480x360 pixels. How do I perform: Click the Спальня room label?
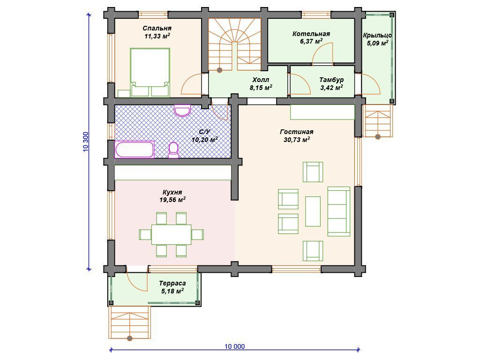click(157, 29)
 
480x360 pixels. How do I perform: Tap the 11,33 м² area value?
click(157, 36)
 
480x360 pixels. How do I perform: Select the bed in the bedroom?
click(150, 72)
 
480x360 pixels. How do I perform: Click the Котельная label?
click(311, 34)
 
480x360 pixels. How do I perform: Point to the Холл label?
click(261, 80)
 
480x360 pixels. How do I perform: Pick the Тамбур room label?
click(331, 80)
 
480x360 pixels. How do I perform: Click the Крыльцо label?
click(377, 36)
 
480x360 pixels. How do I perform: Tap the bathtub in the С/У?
click(134, 150)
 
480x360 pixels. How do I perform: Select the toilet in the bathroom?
click(173, 150)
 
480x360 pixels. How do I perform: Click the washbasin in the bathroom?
click(182, 111)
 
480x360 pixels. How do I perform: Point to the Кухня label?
click(172, 192)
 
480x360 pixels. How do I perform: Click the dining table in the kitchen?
click(172, 234)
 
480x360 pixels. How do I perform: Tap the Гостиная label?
click(297, 132)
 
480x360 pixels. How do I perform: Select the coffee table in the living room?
click(313, 211)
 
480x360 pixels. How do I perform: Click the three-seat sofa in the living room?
click(339, 211)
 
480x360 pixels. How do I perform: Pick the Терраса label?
click(172, 284)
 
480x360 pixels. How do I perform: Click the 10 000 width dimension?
click(235, 346)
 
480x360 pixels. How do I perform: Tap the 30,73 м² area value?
click(297, 140)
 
